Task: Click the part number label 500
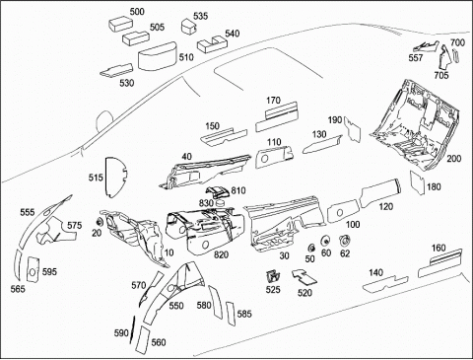(x=137, y=12)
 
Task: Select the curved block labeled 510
(x=157, y=56)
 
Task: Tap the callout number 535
(x=200, y=16)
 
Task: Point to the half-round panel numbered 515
(x=115, y=178)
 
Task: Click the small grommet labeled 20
(x=101, y=221)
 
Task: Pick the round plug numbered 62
(x=345, y=241)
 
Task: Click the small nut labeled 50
(x=310, y=248)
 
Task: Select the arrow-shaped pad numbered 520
(x=304, y=276)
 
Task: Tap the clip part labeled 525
(x=273, y=277)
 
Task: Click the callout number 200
(x=454, y=159)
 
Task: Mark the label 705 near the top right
(x=441, y=75)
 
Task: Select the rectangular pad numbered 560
(x=142, y=340)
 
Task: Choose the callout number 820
(x=221, y=254)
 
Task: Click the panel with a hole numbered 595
(x=33, y=269)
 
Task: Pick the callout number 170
(x=273, y=100)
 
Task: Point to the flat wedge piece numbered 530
(x=116, y=71)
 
